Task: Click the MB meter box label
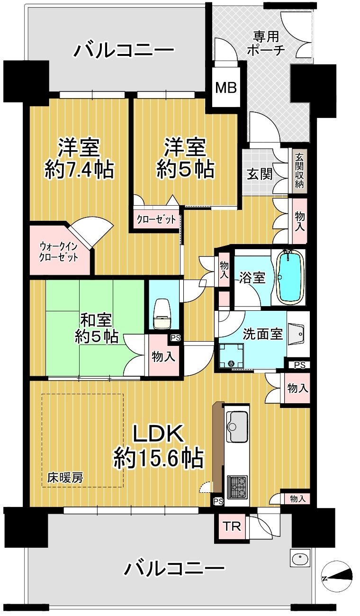pyautogui.click(x=225, y=88)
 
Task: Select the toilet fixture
pyautogui.click(x=162, y=315)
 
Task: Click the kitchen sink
pyautogui.click(x=237, y=426)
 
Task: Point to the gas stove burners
pyautogui.click(x=237, y=487)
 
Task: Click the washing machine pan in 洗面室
pyautogui.click(x=231, y=355)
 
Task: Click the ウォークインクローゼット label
pyautogui.click(x=59, y=252)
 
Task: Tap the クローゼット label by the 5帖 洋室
pyautogui.click(x=156, y=219)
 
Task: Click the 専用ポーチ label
pyautogui.click(x=265, y=44)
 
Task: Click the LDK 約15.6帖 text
pyautogui.click(x=158, y=447)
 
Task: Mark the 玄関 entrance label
pyautogui.click(x=260, y=174)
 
